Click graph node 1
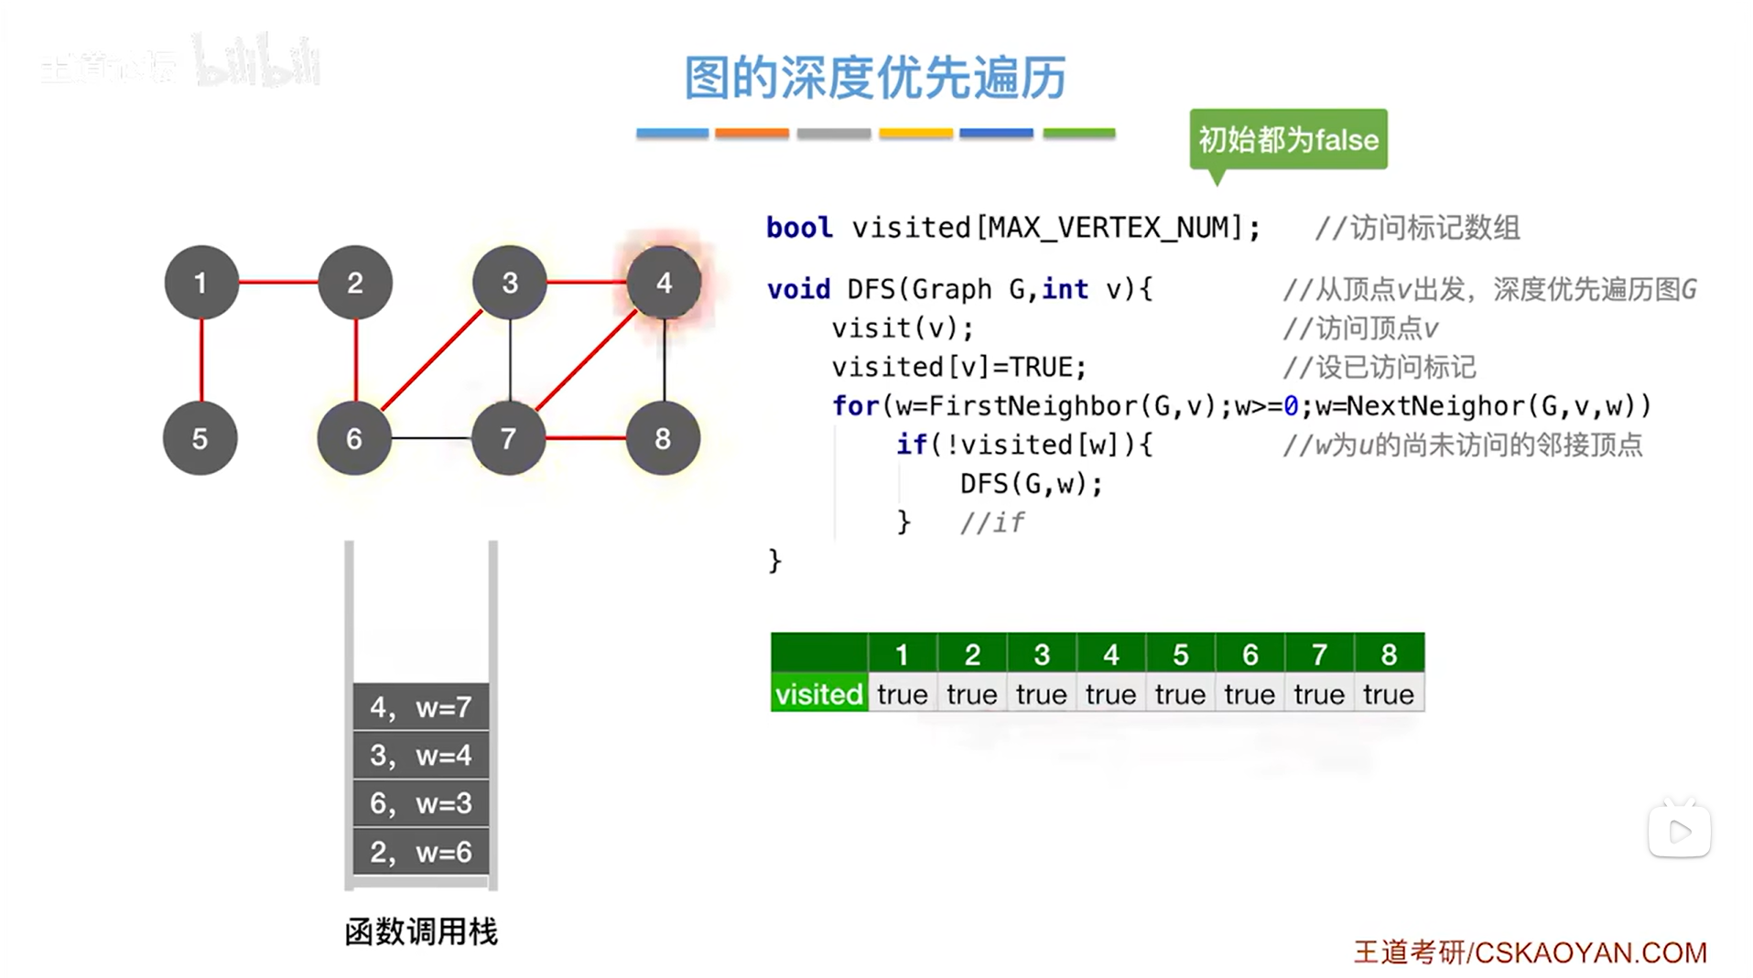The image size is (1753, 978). [200, 283]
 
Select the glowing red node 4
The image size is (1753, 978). [664, 283]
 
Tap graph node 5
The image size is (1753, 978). [200, 438]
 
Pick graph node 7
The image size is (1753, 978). [508, 438]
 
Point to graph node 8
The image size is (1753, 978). [663, 438]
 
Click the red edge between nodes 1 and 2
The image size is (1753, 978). [278, 282]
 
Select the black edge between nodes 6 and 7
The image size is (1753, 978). [431, 438]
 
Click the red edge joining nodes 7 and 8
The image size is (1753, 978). [586, 438]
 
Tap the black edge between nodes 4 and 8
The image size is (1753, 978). [665, 360]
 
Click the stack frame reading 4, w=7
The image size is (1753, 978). [421, 706]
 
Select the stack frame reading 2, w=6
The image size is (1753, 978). [421, 852]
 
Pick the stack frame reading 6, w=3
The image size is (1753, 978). [421, 803]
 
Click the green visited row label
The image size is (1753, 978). [818, 694]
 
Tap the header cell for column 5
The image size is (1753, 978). [1180, 654]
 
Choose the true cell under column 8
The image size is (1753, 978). [1388, 694]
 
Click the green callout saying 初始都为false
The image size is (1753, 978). [1288, 140]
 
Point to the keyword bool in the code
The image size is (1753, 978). [799, 227]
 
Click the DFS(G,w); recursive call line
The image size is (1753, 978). [1032, 483]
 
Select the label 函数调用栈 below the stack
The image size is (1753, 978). [421, 932]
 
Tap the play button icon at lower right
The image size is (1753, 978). [1680, 832]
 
